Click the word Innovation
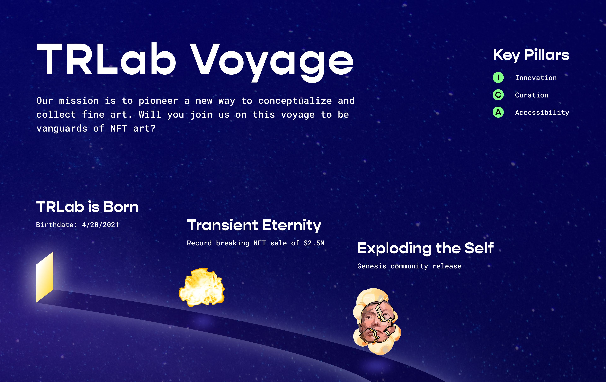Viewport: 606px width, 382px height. (x=536, y=78)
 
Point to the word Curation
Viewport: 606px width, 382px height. (x=532, y=95)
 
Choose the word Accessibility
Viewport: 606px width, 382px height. (x=542, y=112)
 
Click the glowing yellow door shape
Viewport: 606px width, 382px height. (x=45, y=277)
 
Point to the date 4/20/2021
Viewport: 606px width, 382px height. (x=100, y=225)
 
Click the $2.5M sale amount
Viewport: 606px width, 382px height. (x=314, y=243)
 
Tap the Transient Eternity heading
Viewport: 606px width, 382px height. (x=254, y=225)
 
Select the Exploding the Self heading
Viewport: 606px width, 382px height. (x=426, y=248)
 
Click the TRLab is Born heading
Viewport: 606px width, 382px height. (x=87, y=207)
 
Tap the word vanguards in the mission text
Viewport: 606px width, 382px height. (x=62, y=129)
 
